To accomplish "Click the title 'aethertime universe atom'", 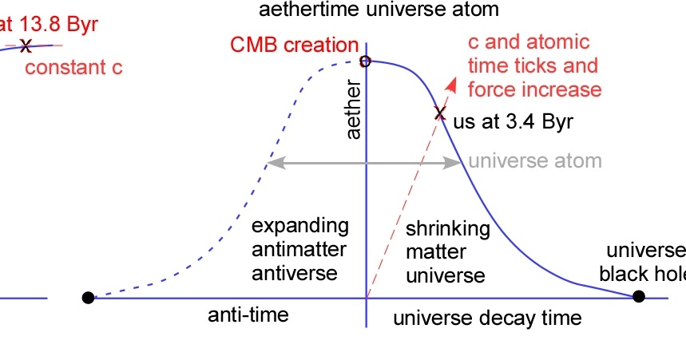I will point(379,10).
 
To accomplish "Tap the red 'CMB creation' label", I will point(294,45).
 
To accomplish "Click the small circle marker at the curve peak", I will point(365,61).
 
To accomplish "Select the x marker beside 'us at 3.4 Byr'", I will point(438,113).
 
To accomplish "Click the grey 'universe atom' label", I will point(534,161).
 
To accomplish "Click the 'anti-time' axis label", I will point(248,315).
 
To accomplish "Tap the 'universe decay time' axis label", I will point(487,318).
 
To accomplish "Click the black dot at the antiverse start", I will point(88,298).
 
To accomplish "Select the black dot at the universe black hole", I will point(638,297).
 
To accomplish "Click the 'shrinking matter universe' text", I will point(447,252).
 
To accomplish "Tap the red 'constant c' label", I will point(73,67).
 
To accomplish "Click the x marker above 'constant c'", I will point(26,45).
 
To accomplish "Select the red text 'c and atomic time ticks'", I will point(529,53).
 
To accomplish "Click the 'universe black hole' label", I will point(643,262).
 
